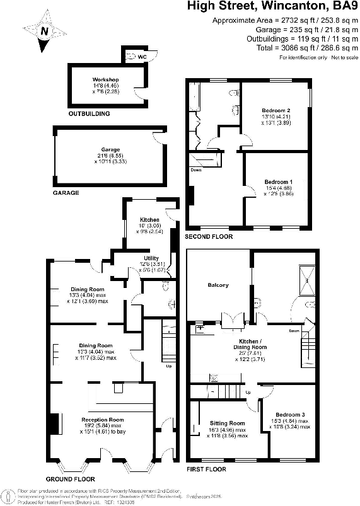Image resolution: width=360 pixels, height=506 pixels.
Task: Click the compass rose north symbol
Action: click(x=44, y=30)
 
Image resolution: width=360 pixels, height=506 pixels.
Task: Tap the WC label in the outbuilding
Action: click(x=142, y=55)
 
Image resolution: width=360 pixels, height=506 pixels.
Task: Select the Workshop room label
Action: click(x=105, y=80)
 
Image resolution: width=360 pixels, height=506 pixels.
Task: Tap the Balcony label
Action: click(x=218, y=285)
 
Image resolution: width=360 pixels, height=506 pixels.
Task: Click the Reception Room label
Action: click(x=102, y=420)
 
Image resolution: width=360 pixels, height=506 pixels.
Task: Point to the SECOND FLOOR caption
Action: click(x=209, y=237)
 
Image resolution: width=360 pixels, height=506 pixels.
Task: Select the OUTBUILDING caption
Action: click(x=89, y=114)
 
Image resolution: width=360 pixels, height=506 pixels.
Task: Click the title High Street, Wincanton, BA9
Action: click(x=271, y=7)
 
